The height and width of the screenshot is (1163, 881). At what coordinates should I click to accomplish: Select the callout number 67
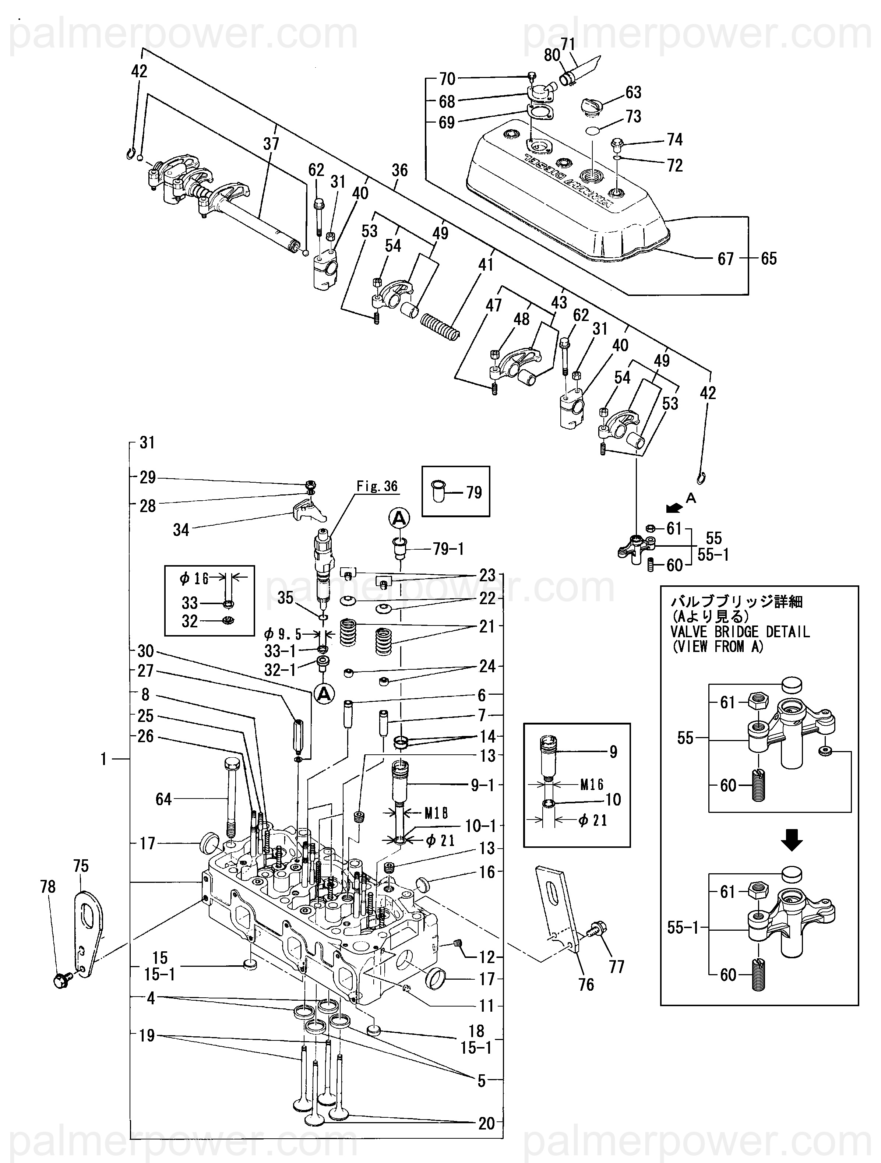[x=725, y=259]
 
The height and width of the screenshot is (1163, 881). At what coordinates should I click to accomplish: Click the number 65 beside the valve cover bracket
[x=768, y=259]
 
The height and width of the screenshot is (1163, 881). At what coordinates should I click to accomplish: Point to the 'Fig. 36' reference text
[x=377, y=486]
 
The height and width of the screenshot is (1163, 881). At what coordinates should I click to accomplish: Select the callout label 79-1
[x=448, y=549]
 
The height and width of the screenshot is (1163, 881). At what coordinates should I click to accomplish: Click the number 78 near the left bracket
[x=48, y=887]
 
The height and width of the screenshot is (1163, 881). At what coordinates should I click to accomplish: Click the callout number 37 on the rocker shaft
[x=271, y=144]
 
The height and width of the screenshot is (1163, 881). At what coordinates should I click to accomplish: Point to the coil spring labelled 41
[x=440, y=326]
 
